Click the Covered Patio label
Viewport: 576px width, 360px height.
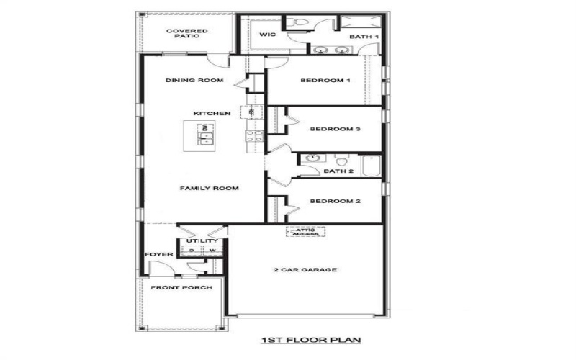[x=187, y=34]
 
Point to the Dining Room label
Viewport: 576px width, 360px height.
[x=194, y=80]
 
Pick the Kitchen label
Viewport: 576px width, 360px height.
[x=212, y=114]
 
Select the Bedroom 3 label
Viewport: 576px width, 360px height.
[x=335, y=130]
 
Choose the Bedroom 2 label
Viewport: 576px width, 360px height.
[x=335, y=202]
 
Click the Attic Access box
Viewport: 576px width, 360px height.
[x=306, y=232]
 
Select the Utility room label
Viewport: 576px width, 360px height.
[x=198, y=241]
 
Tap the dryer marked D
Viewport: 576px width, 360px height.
[x=192, y=251]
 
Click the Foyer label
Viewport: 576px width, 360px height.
[x=160, y=255]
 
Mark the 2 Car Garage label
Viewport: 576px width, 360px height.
[x=305, y=270]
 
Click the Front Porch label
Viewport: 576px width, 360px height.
[x=181, y=288]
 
